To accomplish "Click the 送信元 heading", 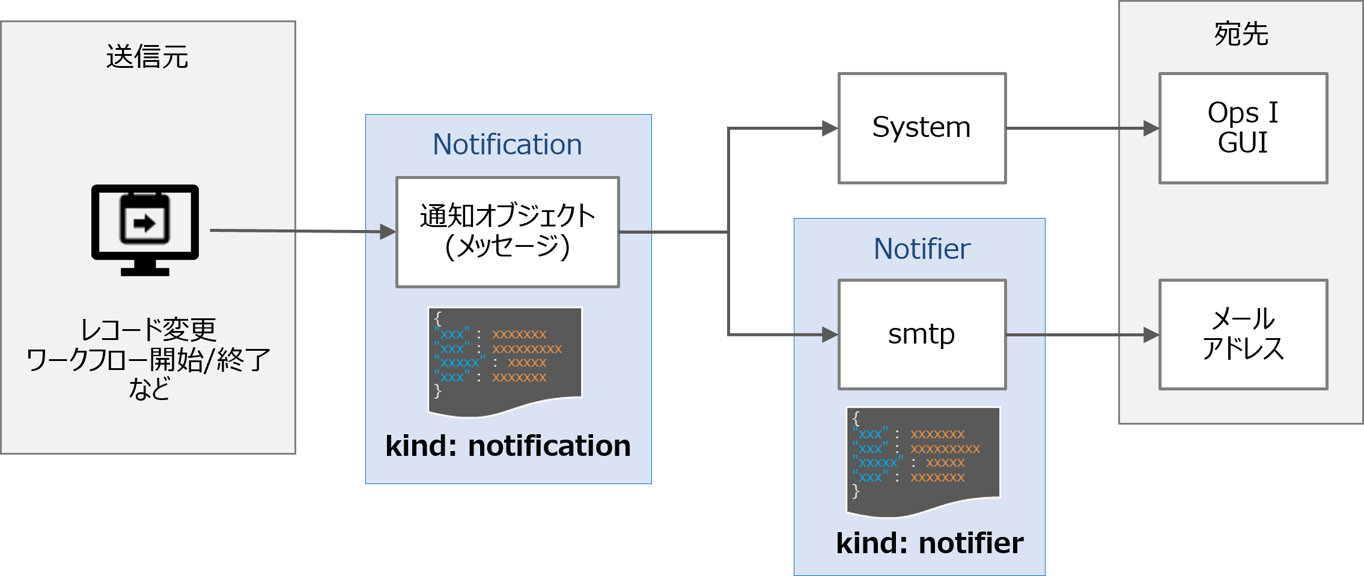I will pos(147,57).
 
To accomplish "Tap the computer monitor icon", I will pos(145,229).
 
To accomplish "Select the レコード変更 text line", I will pos(148,329).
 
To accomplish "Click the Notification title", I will pos(507,145).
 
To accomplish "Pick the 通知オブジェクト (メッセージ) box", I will pos(507,232).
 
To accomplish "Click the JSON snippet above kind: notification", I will pos(505,360).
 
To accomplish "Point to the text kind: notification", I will pos(508,446).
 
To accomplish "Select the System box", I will pos(922,128).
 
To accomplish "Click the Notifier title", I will pos(922,249).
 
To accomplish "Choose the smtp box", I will pos(922,335).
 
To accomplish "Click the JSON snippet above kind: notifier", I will pos(923,461).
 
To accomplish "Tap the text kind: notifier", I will pos(930,543).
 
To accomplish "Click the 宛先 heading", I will pos(1241,34).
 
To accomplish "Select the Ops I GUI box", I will pos(1243,128).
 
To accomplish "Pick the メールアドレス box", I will pos(1243,335).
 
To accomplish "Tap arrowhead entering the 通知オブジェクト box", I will pos(388,232).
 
